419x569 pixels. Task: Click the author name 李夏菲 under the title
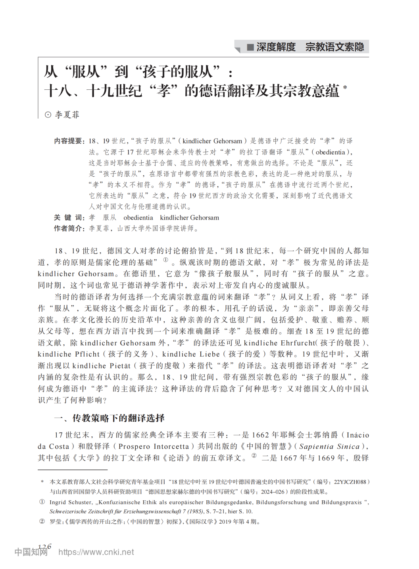coord(67,115)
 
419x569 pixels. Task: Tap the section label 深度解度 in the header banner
coord(276,47)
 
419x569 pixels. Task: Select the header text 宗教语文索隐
coord(334,47)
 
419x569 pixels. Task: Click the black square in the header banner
coord(250,47)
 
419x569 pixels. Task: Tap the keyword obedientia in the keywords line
coord(138,218)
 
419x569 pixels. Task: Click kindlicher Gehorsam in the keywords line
coord(189,218)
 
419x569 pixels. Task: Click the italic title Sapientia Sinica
coord(329,446)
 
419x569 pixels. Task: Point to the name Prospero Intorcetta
coord(154,446)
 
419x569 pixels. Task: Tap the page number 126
coord(45,547)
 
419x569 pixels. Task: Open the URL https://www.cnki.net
coord(96,552)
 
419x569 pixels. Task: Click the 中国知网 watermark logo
coord(31,552)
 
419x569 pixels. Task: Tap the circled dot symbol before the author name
coord(48,115)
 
